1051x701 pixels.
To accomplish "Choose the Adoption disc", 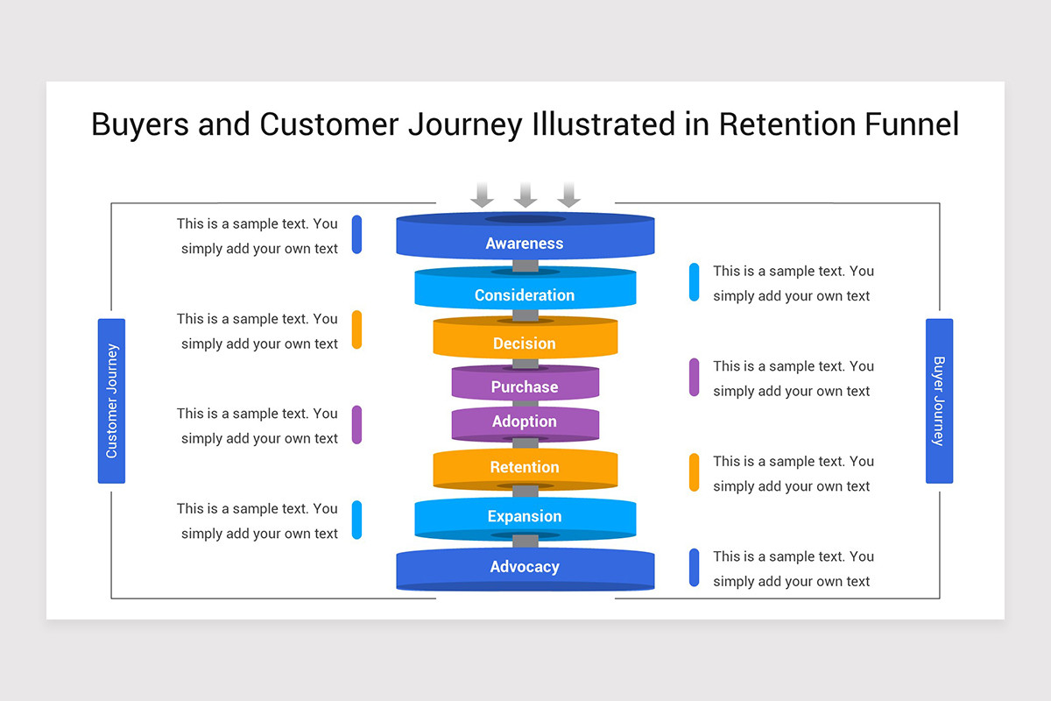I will pos(525,421).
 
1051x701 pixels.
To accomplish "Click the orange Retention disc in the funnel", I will pos(525,467).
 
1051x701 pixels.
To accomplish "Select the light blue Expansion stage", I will pos(525,516).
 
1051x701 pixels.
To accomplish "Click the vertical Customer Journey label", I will pos(111,400).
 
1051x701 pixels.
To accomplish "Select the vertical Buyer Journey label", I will pos(939,400).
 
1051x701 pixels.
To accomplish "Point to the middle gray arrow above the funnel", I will pos(525,195).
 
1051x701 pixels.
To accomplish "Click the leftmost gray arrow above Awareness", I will pos(482,195).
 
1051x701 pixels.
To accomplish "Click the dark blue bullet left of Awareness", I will pos(356,235).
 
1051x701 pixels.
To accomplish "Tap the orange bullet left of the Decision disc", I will pos(356,329).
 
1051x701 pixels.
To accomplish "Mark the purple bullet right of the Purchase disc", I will pos(694,377).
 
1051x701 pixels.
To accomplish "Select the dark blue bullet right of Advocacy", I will pos(694,567).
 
